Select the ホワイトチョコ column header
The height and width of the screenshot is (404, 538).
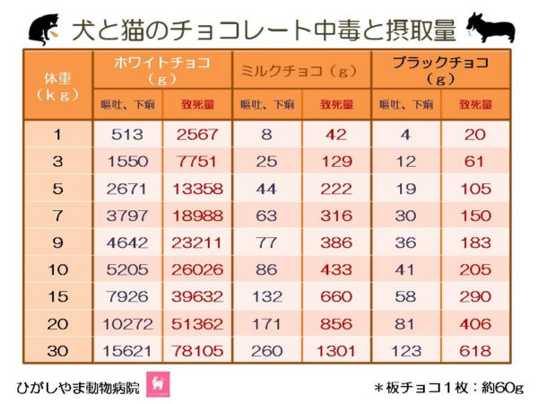(x=162, y=69)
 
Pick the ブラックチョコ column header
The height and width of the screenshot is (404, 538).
(x=440, y=69)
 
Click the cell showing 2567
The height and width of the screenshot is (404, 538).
(x=196, y=136)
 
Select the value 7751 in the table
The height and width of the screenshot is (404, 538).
(x=196, y=162)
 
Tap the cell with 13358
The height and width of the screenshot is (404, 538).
(x=196, y=189)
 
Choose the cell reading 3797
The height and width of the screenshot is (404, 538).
(x=126, y=216)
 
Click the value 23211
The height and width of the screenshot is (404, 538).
(x=196, y=243)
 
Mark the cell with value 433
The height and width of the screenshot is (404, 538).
(x=337, y=270)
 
